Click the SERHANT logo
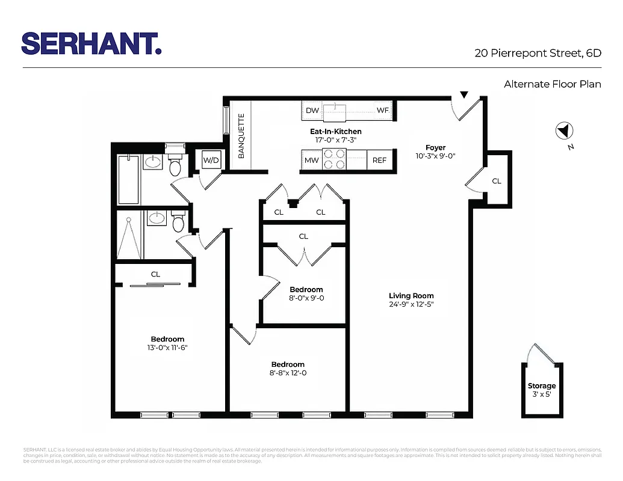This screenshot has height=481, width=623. pyautogui.click(x=91, y=43)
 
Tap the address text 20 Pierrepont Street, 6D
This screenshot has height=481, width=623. pyautogui.click(x=538, y=53)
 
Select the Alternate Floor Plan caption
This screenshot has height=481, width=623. pyautogui.click(x=552, y=84)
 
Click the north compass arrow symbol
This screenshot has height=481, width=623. pyautogui.click(x=565, y=130)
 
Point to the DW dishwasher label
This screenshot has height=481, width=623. pyautogui.click(x=312, y=111)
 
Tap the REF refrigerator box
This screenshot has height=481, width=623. pyautogui.click(x=379, y=161)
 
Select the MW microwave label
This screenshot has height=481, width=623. pyautogui.click(x=311, y=161)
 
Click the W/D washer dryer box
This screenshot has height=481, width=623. pyautogui.click(x=211, y=161)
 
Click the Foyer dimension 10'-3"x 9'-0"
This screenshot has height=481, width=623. pyautogui.click(x=435, y=156)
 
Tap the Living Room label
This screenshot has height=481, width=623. pyautogui.click(x=411, y=295)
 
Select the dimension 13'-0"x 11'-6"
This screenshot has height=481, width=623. pyautogui.click(x=167, y=348)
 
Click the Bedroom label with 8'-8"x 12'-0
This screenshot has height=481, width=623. pyautogui.click(x=288, y=364)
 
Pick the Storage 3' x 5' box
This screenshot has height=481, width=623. pyautogui.click(x=542, y=390)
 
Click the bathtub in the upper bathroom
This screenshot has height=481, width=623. pyautogui.click(x=129, y=179)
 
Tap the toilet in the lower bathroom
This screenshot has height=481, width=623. pyautogui.click(x=178, y=222)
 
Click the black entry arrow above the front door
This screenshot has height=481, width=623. pyautogui.click(x=464, y=94)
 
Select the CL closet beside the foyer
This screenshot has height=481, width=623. pyautogui.click(x=496, y=180)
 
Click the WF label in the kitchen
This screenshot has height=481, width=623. pyautogui.click(x=383, y=111)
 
